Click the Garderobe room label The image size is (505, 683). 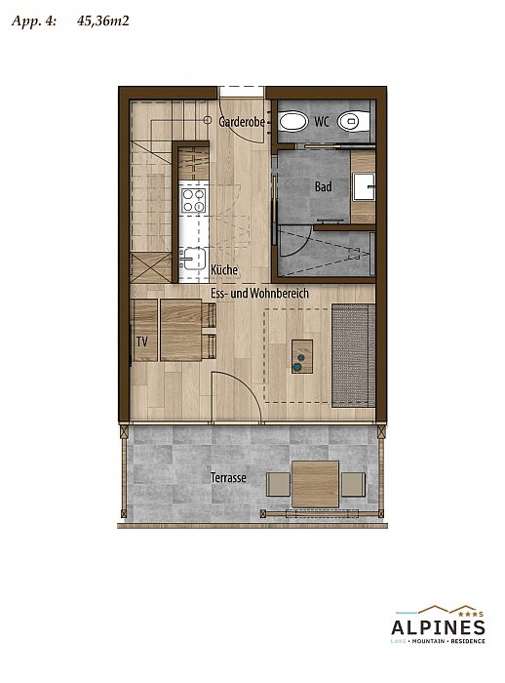(x=242, y=122)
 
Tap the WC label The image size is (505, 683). (x=322, y=122)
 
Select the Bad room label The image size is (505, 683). (x=323, y=187)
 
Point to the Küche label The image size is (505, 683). (x=224, y=269)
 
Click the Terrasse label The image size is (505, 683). (x=228, y=478)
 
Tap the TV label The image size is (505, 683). (x=142, y=341)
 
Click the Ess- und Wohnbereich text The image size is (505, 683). (x=259, y=293)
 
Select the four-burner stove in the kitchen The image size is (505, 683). (x=194, y=200)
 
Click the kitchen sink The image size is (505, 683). (x=192, y=260)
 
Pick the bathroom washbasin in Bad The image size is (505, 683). (x=364, y=187)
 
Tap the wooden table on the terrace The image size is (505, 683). (x=315, y=484)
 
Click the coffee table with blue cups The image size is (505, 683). (x=302, y=356)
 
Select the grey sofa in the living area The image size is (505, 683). (x=354, y=355)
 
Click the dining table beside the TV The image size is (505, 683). (x=180, y=330)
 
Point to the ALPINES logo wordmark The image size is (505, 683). (x=438, y=628)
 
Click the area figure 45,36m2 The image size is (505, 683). (x=103, y=20)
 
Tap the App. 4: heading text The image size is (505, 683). (x=33, y=21)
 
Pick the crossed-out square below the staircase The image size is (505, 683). (x=151, y=267)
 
